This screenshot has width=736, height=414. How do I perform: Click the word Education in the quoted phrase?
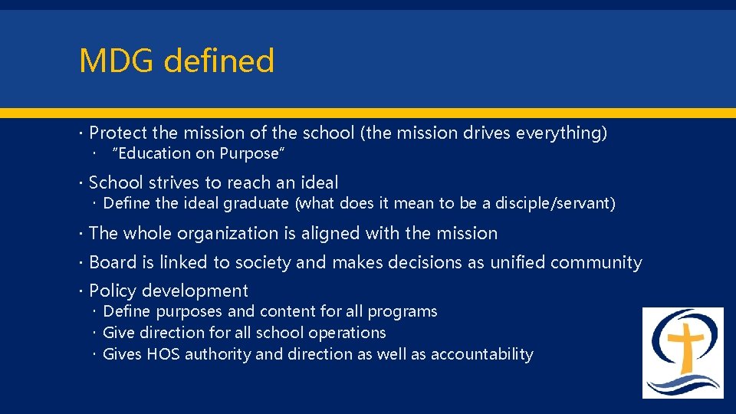153,154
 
